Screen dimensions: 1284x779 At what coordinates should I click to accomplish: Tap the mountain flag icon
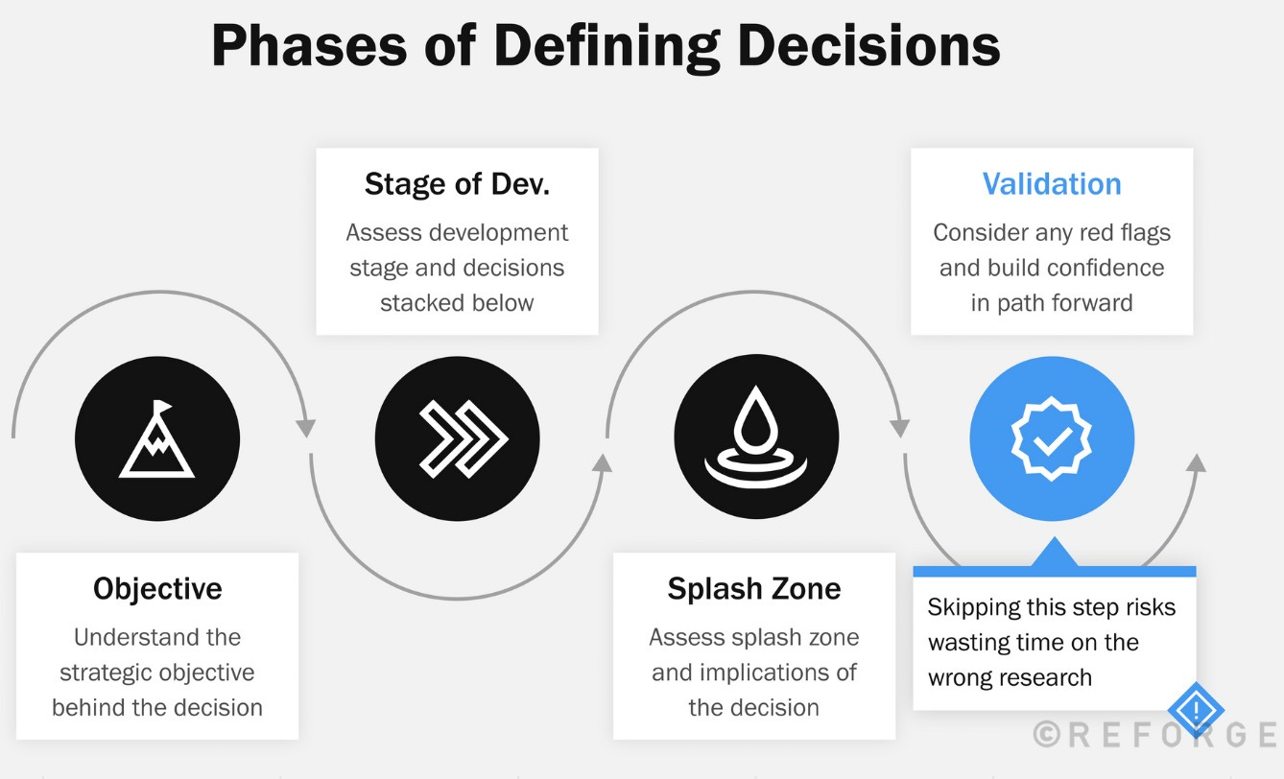pyautogui.click(x=156, y=439)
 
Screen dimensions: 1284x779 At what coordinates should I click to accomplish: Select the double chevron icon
pyautogui.click(x=457, y=439)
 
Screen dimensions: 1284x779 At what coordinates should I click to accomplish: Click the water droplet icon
pyautogui.click(x=756, y=437)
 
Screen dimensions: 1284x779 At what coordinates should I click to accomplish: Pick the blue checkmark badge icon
pyautogui.click(x=1052, y=439)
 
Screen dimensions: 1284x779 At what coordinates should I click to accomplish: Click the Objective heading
pyautogui.click(x=157, y=588)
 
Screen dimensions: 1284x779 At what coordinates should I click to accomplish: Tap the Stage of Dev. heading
pyautogui.click(x=457, y=184)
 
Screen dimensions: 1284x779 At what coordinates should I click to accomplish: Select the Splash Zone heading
pyautogui.click(x=754, y=588)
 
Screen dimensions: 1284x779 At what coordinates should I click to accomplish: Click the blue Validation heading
pyautogui.click(x=1052, y=184)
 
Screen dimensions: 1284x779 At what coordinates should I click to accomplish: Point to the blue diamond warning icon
pyautogui.click(x=1196, y=711)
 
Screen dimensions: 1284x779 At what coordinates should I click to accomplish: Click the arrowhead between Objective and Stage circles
pyautogui.click(x=306, y=428)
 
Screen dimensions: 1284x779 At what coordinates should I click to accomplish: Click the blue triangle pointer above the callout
pyautogui.click(x=1054, y=554)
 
